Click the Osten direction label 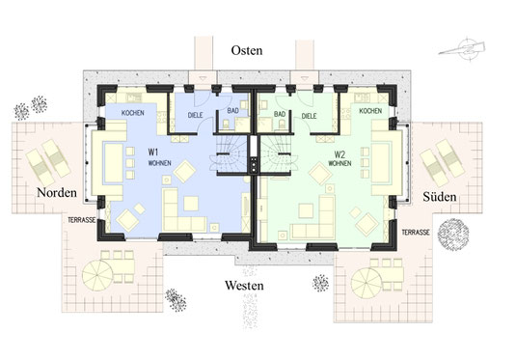point(247,50)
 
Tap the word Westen point(244,286)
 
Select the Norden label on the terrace point(57,192)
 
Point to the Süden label point(440,197)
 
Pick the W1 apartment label point(153,152)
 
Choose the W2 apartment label point(339,153)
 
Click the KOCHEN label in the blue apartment point(133,113)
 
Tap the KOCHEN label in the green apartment point(370,111)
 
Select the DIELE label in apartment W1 point(195,115)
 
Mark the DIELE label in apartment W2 point(309,116)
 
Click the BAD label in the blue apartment point(232,111)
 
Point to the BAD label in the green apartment point(280,114)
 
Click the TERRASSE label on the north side point(82,220)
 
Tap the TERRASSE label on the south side point(416,233)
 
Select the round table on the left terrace point(97,275)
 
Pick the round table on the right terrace point(367,283)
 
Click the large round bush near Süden point(453,235)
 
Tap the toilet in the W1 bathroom point(227,125)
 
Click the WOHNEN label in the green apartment point(339,163)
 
